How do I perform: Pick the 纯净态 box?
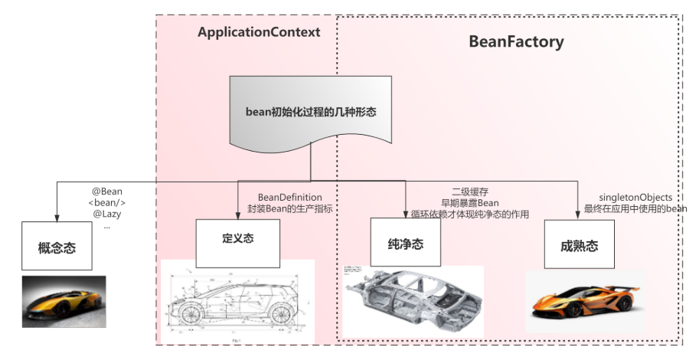pyautogui.click(x=406, y=244)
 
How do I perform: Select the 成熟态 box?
pyautogui.click(x=579, y=246)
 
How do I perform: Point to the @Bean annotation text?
pyautogui.click(x=107, y=191)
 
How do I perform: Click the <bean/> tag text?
pyautogui.click(x=107, y=202)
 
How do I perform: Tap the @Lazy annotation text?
pyautogui.click(x=107, y=214)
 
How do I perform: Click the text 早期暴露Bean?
pyautogui.click(x=470, y=203)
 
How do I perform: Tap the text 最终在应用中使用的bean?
pyautogui.click(x=635, y=208)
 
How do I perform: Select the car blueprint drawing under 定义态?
pyautogui.click(x=237, y=300)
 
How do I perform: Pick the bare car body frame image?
pyautogui.click(x=413, y=299)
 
